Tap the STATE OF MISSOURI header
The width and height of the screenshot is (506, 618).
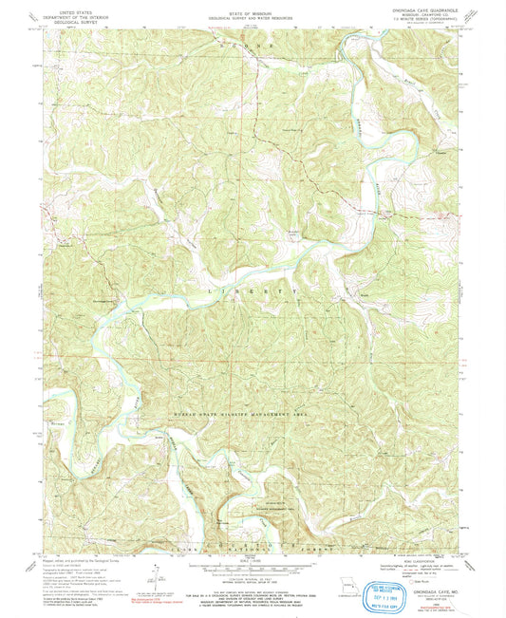click(252, 10)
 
